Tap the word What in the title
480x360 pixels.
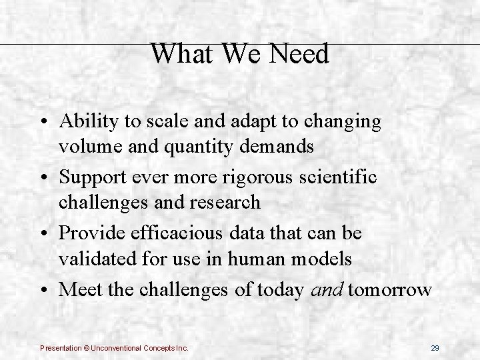pyautogui.click(x=176, y=55)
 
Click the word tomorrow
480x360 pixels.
pyautogui.click(x=390, y=290)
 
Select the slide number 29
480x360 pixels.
pyautogui.click(x=435, y=348)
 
